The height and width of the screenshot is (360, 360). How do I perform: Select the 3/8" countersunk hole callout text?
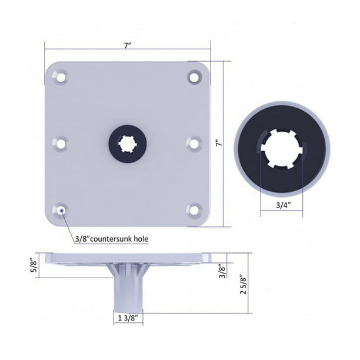111,239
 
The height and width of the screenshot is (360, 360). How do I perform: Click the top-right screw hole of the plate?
195,75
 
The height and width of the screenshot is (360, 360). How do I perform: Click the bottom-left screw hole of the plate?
60,209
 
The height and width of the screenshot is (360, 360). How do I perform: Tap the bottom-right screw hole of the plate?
195,209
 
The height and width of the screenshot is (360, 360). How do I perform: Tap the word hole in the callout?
140,239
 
